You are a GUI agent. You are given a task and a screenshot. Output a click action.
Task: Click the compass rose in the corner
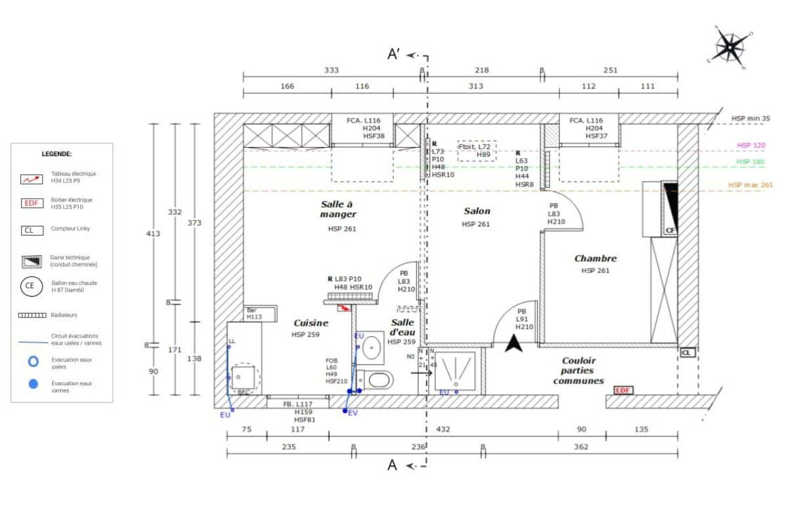[730, 47]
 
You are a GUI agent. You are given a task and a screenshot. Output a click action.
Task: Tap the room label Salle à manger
[338, 209]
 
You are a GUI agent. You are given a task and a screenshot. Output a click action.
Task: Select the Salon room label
[477, 211]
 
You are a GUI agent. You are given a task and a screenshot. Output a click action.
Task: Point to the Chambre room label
[595, 259]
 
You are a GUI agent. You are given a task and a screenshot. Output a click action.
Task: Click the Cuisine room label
[311, 323]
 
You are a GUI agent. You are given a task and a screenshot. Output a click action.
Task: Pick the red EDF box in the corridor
[623, 390]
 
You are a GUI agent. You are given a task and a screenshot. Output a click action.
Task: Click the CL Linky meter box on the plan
[687, 352]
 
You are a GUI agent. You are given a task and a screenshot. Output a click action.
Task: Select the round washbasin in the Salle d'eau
[373, 347]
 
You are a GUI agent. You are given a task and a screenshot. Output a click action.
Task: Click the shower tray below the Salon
[454, 370]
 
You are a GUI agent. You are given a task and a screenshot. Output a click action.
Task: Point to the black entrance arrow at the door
[515, 342]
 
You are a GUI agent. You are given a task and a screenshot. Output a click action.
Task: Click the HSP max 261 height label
[750, 185]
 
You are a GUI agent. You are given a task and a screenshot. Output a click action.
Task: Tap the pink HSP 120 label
[751, 145]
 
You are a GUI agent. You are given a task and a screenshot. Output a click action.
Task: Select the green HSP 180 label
[751, 161]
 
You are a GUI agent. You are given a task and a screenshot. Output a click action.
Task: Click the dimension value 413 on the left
[153, 233]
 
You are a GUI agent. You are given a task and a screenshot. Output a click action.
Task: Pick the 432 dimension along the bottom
[443, 429]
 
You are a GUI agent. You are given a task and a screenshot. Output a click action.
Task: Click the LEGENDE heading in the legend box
[56, 154]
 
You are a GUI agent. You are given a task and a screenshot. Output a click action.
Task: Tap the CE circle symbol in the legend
[30, 286]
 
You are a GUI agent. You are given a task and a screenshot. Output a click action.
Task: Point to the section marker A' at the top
[395, 54]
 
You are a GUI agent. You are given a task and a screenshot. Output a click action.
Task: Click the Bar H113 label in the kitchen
[253, 314]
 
